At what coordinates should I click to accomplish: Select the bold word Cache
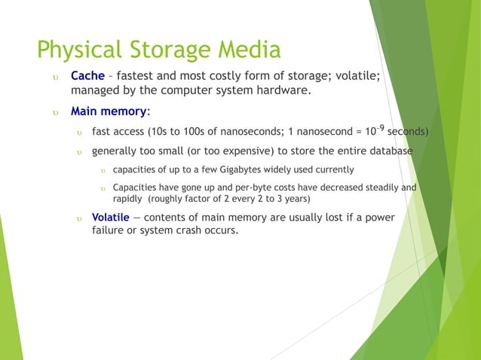[87, 76]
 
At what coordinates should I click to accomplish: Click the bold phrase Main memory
[109, 111]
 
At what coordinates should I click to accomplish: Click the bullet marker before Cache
[54, 77]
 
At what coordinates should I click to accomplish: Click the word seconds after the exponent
[408, 132]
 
